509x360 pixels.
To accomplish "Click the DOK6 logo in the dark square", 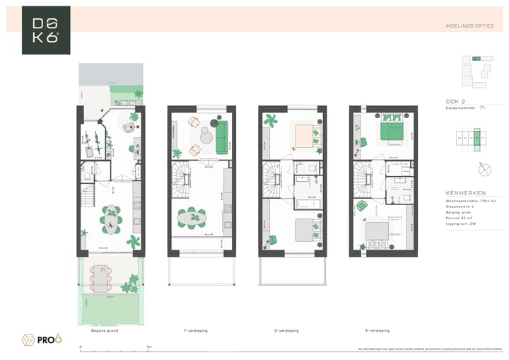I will pos(46,30).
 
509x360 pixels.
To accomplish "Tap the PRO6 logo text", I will pos(49,339).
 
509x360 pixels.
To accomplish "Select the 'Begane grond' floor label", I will pos(105,330).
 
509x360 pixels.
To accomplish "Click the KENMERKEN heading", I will pos(464,192).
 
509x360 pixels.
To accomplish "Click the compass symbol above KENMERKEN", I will pos(484,170).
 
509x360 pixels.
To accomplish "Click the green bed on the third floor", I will pos(391,129).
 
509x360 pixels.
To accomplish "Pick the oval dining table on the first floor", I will pos(192,219).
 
